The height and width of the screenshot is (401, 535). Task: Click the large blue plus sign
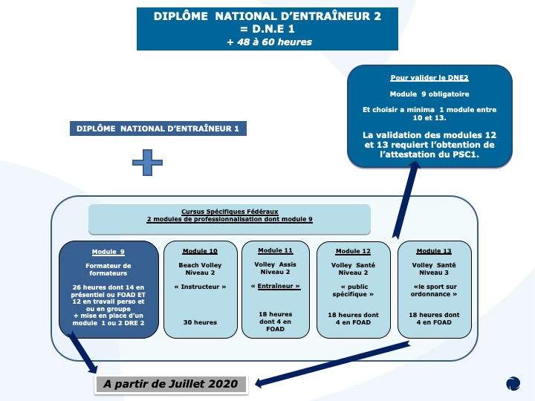[147, 163]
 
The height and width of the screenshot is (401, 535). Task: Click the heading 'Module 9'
[108, 252]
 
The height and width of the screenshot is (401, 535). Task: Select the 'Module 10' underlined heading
[200, 251]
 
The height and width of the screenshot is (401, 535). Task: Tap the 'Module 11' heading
[276, 250]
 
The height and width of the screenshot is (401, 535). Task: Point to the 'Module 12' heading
[353, 251]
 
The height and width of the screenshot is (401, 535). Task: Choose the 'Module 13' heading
[434, 251]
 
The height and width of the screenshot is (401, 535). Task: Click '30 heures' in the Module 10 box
[200, 322]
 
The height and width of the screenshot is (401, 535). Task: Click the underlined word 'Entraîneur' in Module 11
[279, 286]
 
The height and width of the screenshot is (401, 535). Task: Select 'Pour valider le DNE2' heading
[429, 78]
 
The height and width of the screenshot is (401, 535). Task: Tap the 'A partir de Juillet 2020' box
[171, 384]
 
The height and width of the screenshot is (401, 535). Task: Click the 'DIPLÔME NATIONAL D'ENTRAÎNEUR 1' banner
[158, 128]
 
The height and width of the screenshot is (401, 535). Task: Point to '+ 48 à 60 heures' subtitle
[270, 42]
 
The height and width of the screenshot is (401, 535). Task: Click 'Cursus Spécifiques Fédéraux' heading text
[230, 212]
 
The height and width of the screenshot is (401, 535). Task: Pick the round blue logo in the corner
[513, 383]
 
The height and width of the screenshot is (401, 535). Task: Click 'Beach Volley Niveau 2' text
[200, 269]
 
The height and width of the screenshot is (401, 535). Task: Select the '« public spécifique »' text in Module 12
[353, 290]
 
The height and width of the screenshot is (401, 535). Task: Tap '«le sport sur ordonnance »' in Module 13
[434, 290]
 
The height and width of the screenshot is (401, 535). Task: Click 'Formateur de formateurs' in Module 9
[108, 270]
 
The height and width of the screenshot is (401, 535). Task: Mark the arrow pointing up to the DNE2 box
[406, 200]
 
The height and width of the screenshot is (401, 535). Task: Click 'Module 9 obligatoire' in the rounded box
[429, 94]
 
